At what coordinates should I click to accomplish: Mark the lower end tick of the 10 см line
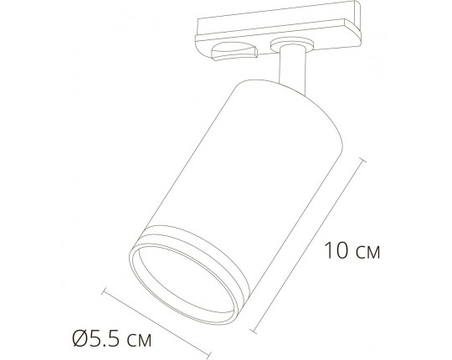[268, 328]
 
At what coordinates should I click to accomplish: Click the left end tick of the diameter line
[104, 291]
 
